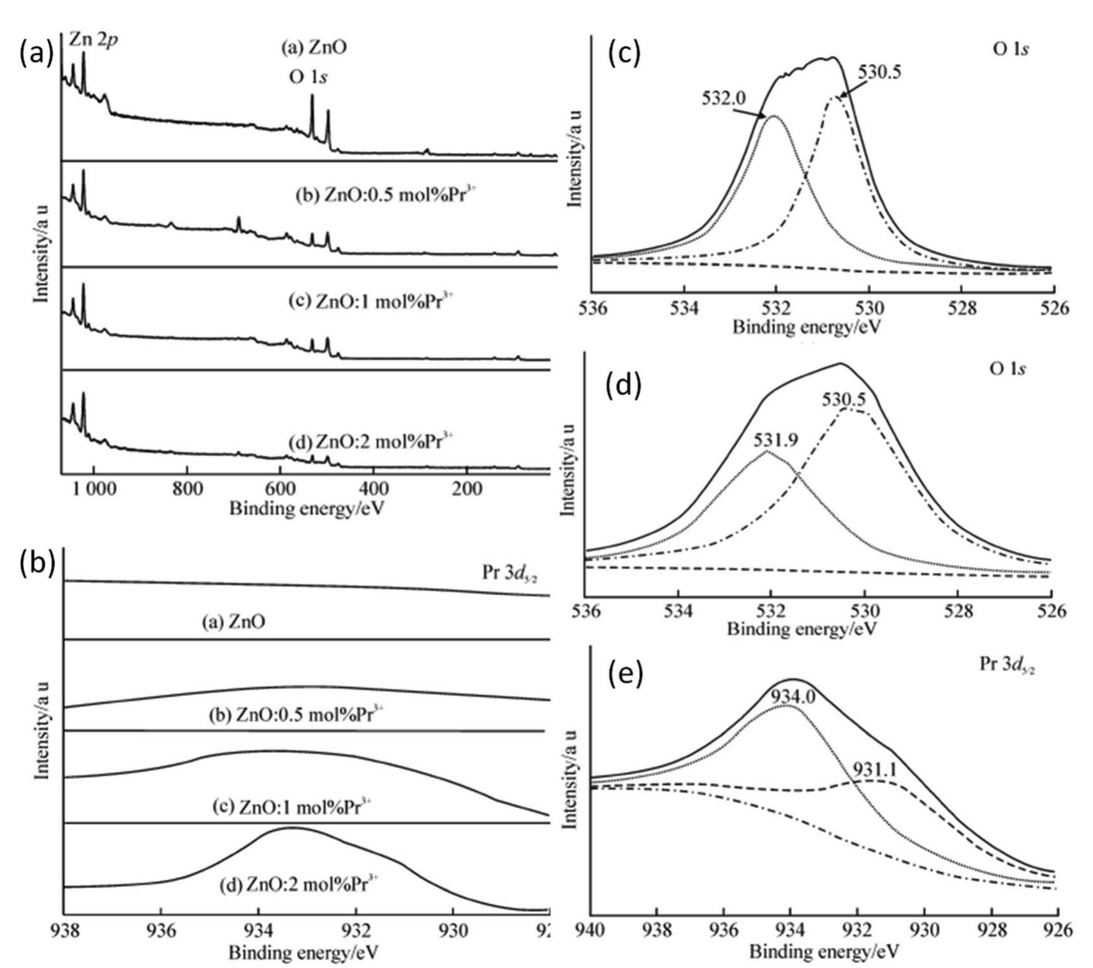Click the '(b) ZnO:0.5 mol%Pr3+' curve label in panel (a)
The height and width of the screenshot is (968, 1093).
(x=386, y=194)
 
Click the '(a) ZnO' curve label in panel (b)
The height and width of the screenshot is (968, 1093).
(x=233, y=622)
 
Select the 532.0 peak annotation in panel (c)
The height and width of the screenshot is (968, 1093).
(x=724, y=99)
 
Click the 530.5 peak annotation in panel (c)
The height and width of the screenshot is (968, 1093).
(x=879, y=72)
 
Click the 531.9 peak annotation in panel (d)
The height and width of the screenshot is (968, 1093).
(x=775, y=440)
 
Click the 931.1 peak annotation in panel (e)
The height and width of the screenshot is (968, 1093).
(x=875, y=770)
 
